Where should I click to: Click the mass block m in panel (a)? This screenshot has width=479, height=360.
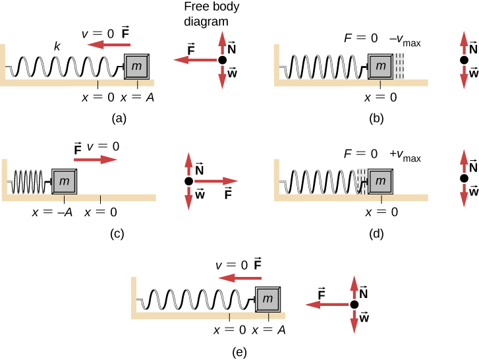(137, 67)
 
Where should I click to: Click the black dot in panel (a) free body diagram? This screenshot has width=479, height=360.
(222, 60)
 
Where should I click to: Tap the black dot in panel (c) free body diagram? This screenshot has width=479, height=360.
(188, 181)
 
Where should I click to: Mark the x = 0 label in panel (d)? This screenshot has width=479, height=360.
(380, 212)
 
